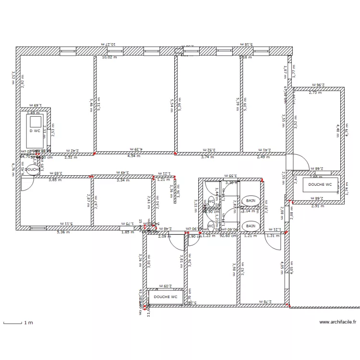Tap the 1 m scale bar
pyautogui.click(x=13, y=323)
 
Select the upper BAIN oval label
pyautogui.click(x=251, y=200)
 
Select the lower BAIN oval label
pyautogui.click(x=251, y=226)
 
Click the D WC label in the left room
pyautogui.click(x=35, y=131)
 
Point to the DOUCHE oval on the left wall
pyautogui.click(x=33, y=169)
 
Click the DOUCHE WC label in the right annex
pyautogui.click(x=320, y=184)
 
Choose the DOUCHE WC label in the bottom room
pyautogui.click(x=166, y=297)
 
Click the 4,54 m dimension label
pyautogui.click(x=134, y=156)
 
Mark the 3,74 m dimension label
pyautogui.click(x=207, y=156)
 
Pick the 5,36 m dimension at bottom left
pyautogui.click(x=63, y=232)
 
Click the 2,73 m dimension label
pyautogui.click(x=315, y=93)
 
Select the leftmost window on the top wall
pyautogui.click(x=68, y=50)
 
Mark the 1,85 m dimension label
pyautogui.click(x=128, y=232)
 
